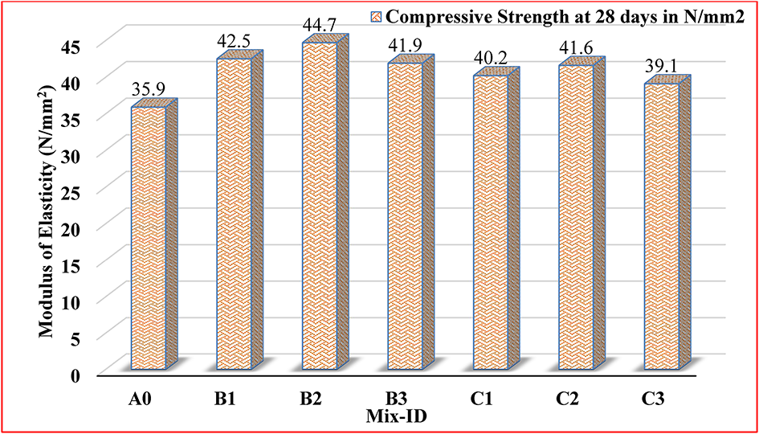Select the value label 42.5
pyautogui.click(x=234, y=41)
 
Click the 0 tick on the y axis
pyautogui.click(x=76, y=375)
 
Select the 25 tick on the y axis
pyautogui.click(x=71, y=191)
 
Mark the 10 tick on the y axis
pyautogui.click(x=71, y=301)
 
